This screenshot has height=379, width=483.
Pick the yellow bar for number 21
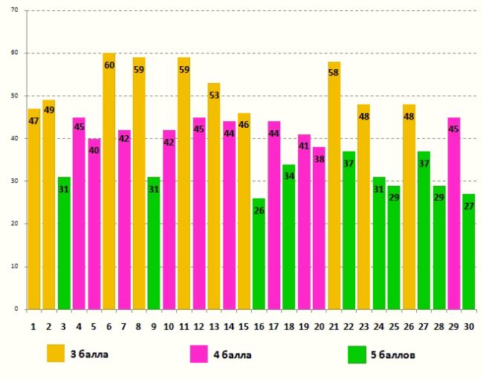334,186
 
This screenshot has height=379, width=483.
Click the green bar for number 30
468,252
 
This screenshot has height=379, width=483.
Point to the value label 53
214,95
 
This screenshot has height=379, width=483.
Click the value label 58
334,74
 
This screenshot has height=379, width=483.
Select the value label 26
259,210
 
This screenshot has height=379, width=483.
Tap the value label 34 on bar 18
288,176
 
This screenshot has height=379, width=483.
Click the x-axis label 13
214,325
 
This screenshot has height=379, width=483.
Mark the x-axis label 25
393,325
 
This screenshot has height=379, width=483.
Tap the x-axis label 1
33,325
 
